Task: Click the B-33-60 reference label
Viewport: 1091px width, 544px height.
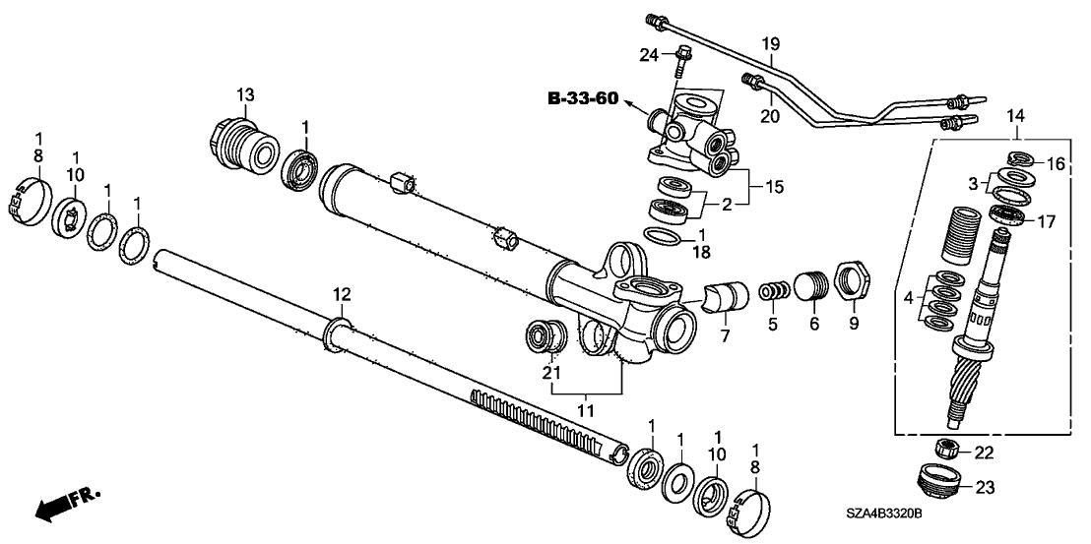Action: coord(585,98)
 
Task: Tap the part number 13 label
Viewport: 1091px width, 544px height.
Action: coord(244,94)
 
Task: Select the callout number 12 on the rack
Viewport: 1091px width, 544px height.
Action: coord(341,294)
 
